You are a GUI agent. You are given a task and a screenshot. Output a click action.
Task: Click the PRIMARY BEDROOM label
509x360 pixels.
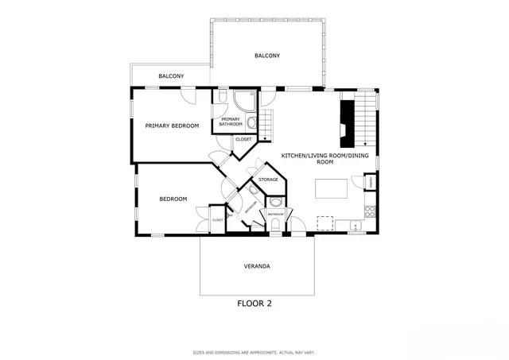(x=172, y=126)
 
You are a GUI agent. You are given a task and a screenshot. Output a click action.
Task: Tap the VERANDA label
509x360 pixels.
(x=256, y=266)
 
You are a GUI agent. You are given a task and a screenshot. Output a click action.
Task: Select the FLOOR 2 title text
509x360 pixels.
(x=254, y=303)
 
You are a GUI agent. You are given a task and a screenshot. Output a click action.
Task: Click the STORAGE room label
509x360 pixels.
(x=268, y=180)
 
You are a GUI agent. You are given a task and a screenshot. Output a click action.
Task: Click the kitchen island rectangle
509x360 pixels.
(x=332, y=188)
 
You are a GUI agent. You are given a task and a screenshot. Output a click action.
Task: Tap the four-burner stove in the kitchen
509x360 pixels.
(x=369, y=211)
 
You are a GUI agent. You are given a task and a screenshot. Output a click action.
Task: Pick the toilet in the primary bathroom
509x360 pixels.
(x=222, y=98)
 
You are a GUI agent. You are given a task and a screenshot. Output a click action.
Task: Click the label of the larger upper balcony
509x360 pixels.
(x=267, y=56)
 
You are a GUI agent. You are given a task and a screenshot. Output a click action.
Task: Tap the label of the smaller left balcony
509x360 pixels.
(x=171, y=76)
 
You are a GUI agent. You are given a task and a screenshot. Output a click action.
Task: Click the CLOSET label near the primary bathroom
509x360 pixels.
(x=243, y=140)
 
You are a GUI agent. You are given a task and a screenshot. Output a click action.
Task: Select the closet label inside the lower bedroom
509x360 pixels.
(x=217, y=219)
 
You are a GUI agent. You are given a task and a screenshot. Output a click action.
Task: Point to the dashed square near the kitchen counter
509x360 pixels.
(x=324, y=223)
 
